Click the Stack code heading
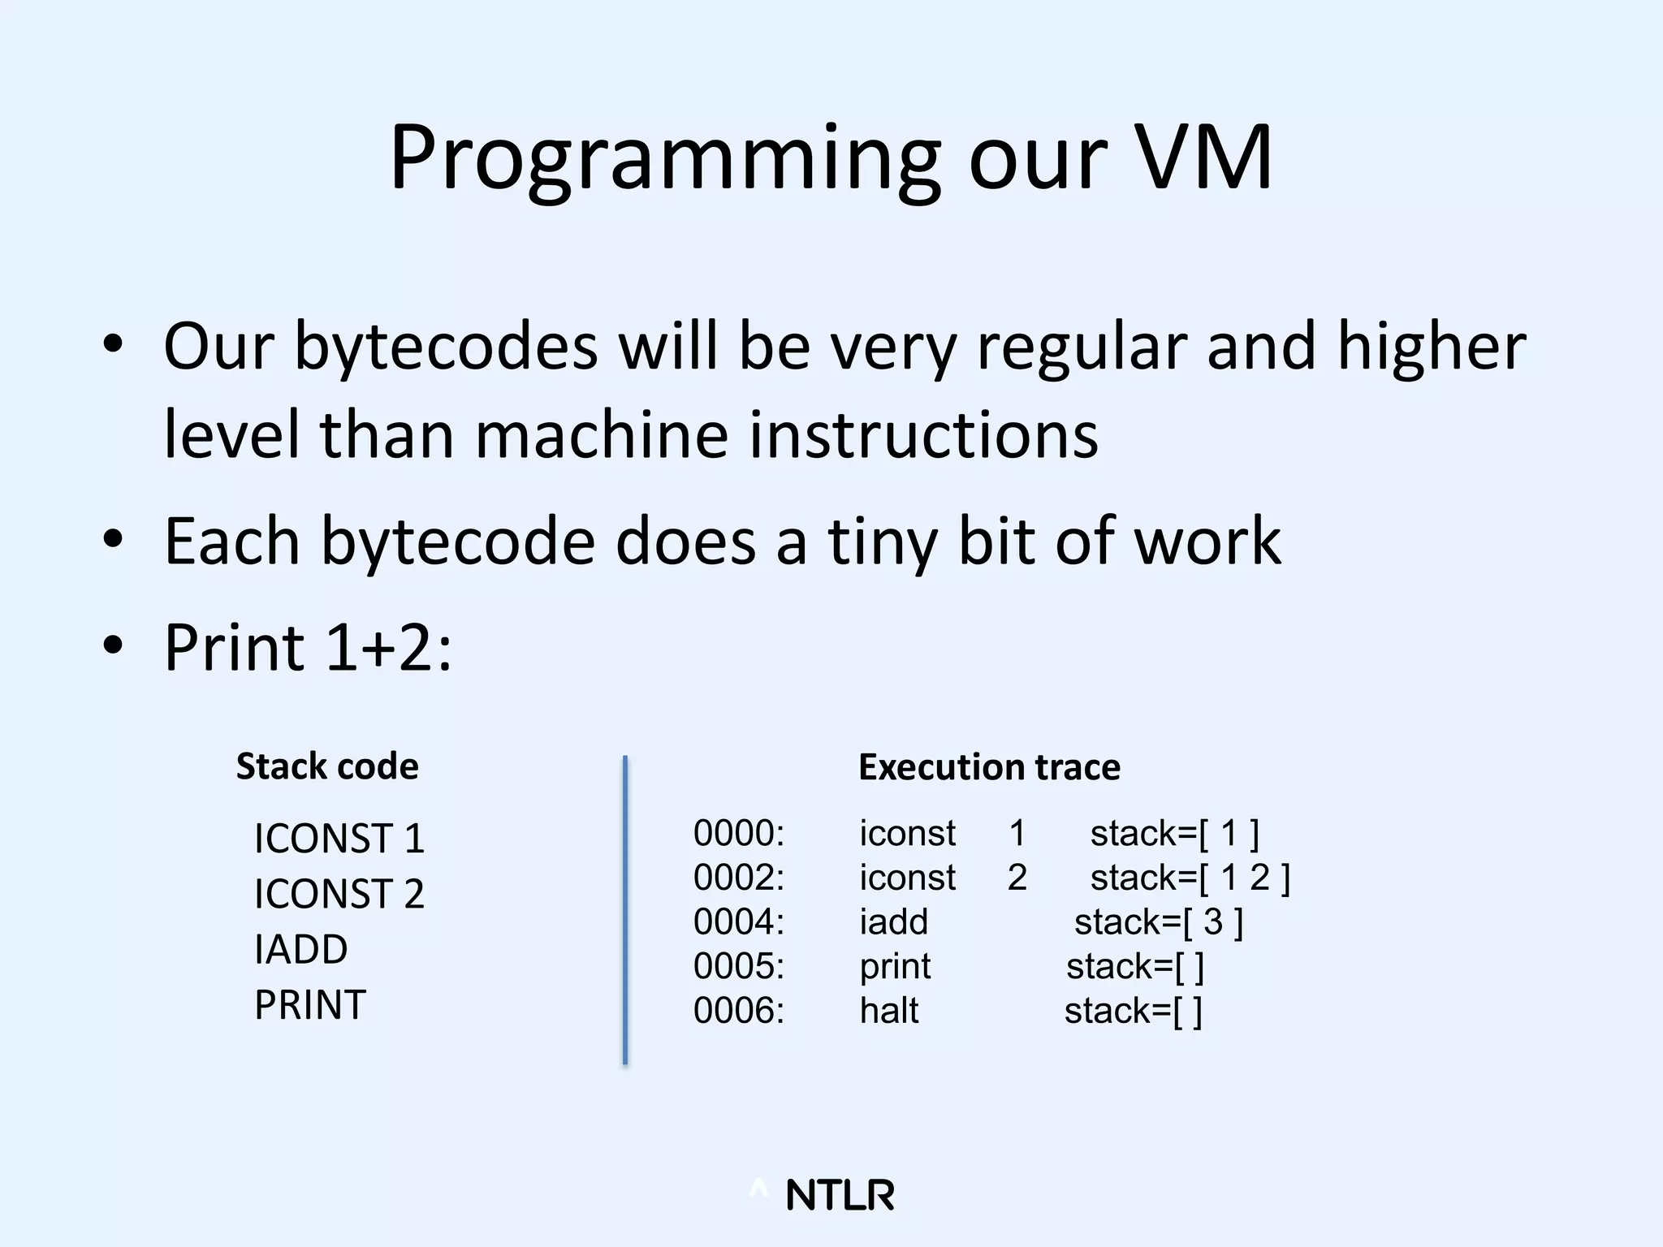pos(327,766)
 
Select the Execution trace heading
pos(989,767)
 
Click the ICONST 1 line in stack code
pos(339,838)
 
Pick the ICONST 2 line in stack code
pos(339,893)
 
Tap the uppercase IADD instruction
pos(300,949)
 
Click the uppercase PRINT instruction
pos(310,1004)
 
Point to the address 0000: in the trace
pos(739,834)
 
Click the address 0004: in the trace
pos(739,922)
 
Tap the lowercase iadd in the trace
pos(893,922)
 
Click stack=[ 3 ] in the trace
pos(1159,922)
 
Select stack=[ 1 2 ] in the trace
pos(1190,878)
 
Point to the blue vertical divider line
pos(625,909)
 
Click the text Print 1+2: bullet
pos(307,647)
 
